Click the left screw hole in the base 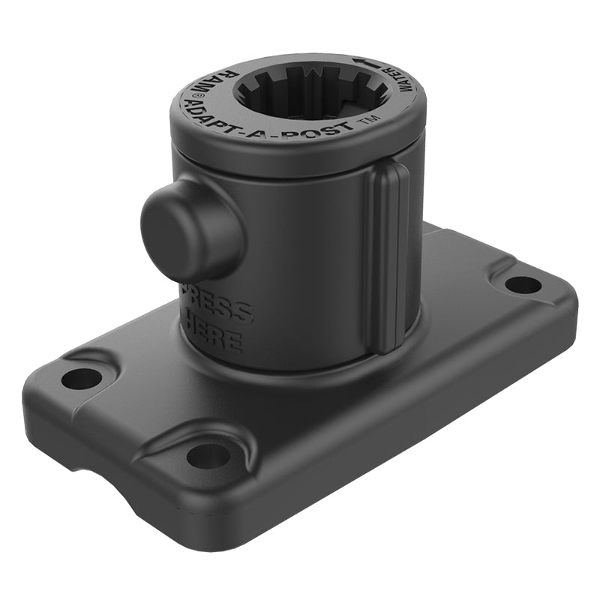(x=81, y=378)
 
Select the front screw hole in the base (x=208, y=454)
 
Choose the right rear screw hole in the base (x=523, y=284)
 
